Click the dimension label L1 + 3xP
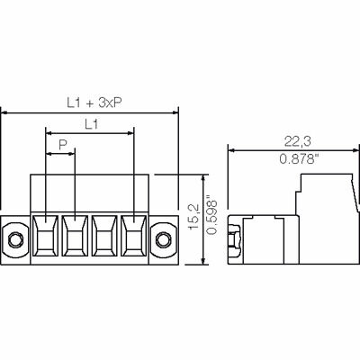coord(94,103)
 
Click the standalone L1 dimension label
coord(91,124)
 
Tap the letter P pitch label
coord(62,145)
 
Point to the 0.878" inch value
coord(299,158)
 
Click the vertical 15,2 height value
coord(193,217)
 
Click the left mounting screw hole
coord(14,239)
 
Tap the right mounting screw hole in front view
coord(163,239)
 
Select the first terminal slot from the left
coord(45,236)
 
